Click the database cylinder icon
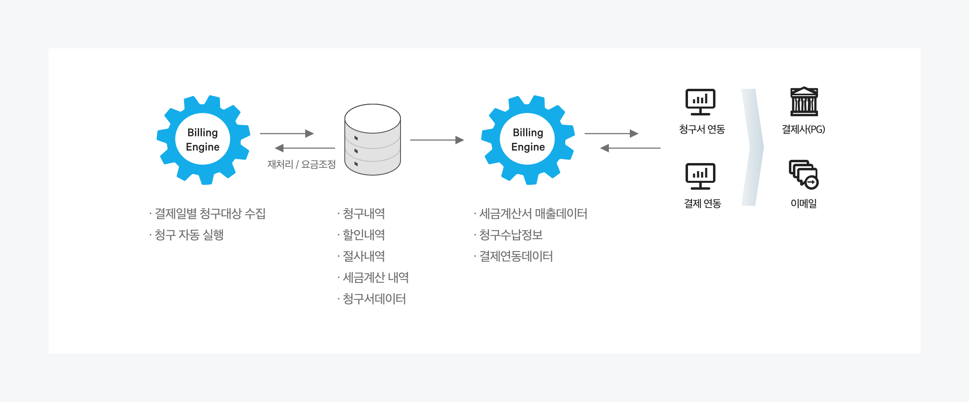click(x=372, y=140)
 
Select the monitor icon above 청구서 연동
click(x=701, y=102)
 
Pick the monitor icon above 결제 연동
click(x=701, y=176)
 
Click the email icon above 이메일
click(x=803, y=174)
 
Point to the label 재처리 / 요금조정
click(x=302, y=164)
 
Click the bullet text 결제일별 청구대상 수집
click(x=210, y=214)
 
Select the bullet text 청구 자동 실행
click(x=189, y=235)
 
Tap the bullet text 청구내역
click(x=363, y=214)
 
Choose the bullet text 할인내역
click(x=363, y=235)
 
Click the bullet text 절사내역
click(x=363, y=256)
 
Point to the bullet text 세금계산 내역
click(x=375, y=278)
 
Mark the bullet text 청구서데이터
click(x=374, y=299)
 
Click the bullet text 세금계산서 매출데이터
click(x=533, y=214)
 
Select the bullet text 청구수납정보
click(x=511, y=235)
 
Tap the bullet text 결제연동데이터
click(x=516, y=256)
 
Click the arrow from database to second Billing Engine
click(x=437, y=140)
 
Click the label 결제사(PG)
click(x=803, y=129)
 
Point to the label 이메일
click(x=803, y=203)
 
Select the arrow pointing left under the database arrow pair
click(x=305, y=148)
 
